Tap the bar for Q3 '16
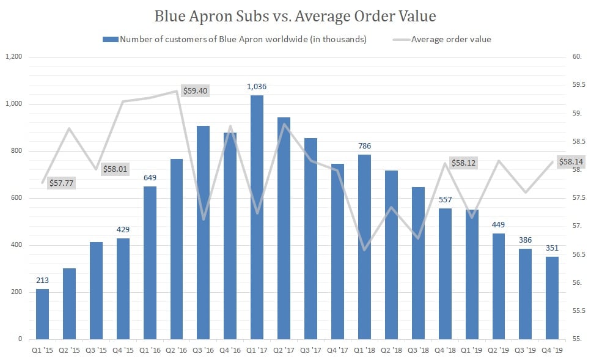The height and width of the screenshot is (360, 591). coord(203,232)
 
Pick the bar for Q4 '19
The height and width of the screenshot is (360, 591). coord(551,298)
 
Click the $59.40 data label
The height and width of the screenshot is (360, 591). coord(196,90)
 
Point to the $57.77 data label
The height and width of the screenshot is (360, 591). coord(61,182)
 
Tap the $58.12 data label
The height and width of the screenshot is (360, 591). coord(463,163)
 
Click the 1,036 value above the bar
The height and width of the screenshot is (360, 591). coord(257,87)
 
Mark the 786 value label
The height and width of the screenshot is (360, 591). coord(364,146)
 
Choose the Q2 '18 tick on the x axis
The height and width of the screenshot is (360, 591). coord(391,350)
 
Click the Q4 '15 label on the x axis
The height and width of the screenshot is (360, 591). coord(123,350)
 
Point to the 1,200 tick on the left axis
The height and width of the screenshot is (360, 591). coord(13,57)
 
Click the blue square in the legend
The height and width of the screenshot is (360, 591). coord(110,40)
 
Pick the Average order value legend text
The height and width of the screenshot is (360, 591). coord(451,40)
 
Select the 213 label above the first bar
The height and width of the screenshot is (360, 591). coord(42,281)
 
